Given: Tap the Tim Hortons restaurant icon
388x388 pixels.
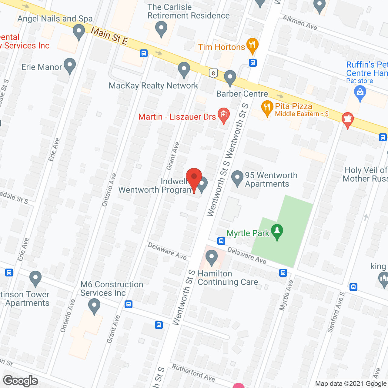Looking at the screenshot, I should (252, 45).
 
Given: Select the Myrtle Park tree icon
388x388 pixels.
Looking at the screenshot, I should (277, 232).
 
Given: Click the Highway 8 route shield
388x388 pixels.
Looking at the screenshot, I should (213, 73).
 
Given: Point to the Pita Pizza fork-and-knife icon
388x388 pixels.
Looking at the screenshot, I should (267, 108).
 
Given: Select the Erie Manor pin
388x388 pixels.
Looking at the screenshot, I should (70, 65).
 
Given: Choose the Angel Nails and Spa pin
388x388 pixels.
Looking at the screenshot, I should (79, 32).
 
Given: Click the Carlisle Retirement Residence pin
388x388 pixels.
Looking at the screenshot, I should (161, 28).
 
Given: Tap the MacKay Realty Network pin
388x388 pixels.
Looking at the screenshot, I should (184, 69).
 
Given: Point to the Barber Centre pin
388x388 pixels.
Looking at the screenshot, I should (230, 78).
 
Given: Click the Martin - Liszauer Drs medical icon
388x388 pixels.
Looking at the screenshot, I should (224, 115).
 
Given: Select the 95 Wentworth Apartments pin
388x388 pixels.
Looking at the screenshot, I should (237, 178).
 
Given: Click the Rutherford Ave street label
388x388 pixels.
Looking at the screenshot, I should (193, 373).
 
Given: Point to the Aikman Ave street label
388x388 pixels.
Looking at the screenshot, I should (300, 22).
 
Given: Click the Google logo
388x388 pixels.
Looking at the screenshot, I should (21, 381).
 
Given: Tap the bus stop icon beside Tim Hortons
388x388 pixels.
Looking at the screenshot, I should (253, 63).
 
